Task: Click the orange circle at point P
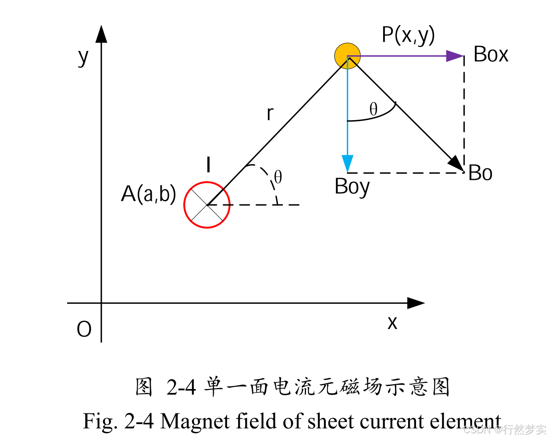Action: [x=347, y=56]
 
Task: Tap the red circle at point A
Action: [x=207, y=205]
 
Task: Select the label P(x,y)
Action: [x=408, y=35]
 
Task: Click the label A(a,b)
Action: [x=149, y=193]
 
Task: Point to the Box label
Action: [x=491, y=55]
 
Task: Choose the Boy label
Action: [x=352, y=187]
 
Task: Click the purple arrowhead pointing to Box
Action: [x=455, y=56]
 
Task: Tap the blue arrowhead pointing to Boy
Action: [x=348, y=164]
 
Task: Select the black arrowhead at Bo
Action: [x=457, y=164]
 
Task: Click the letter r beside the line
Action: [x=270, y=114]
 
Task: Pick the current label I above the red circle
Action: [x=209, y=165]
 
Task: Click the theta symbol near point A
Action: [x=278, y=178]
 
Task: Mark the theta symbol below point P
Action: [x=374, y=109]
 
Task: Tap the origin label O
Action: [x=84, y=329]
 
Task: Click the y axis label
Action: [x=83, y=57]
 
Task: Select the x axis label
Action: [x=392, y=323]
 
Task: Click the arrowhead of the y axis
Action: [x=102, y=34]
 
